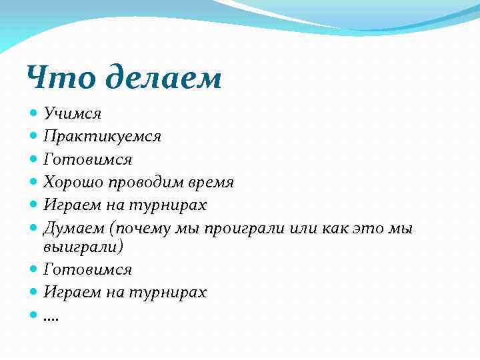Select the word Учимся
72,114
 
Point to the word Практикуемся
102,137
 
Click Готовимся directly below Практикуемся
87,160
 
